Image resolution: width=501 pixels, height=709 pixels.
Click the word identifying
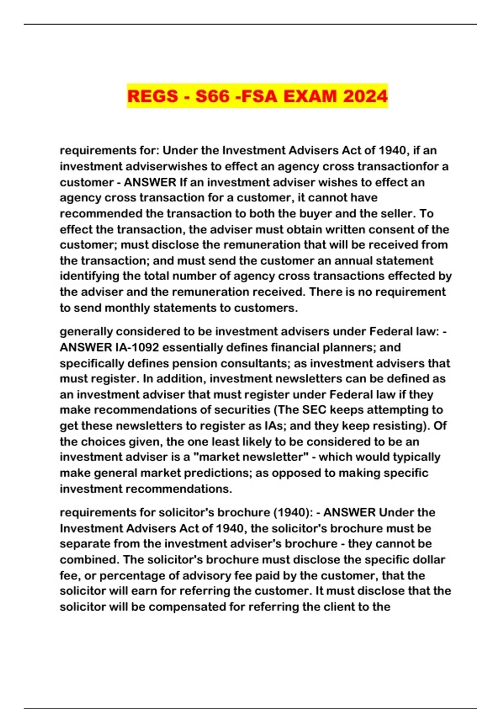(89, 276)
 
